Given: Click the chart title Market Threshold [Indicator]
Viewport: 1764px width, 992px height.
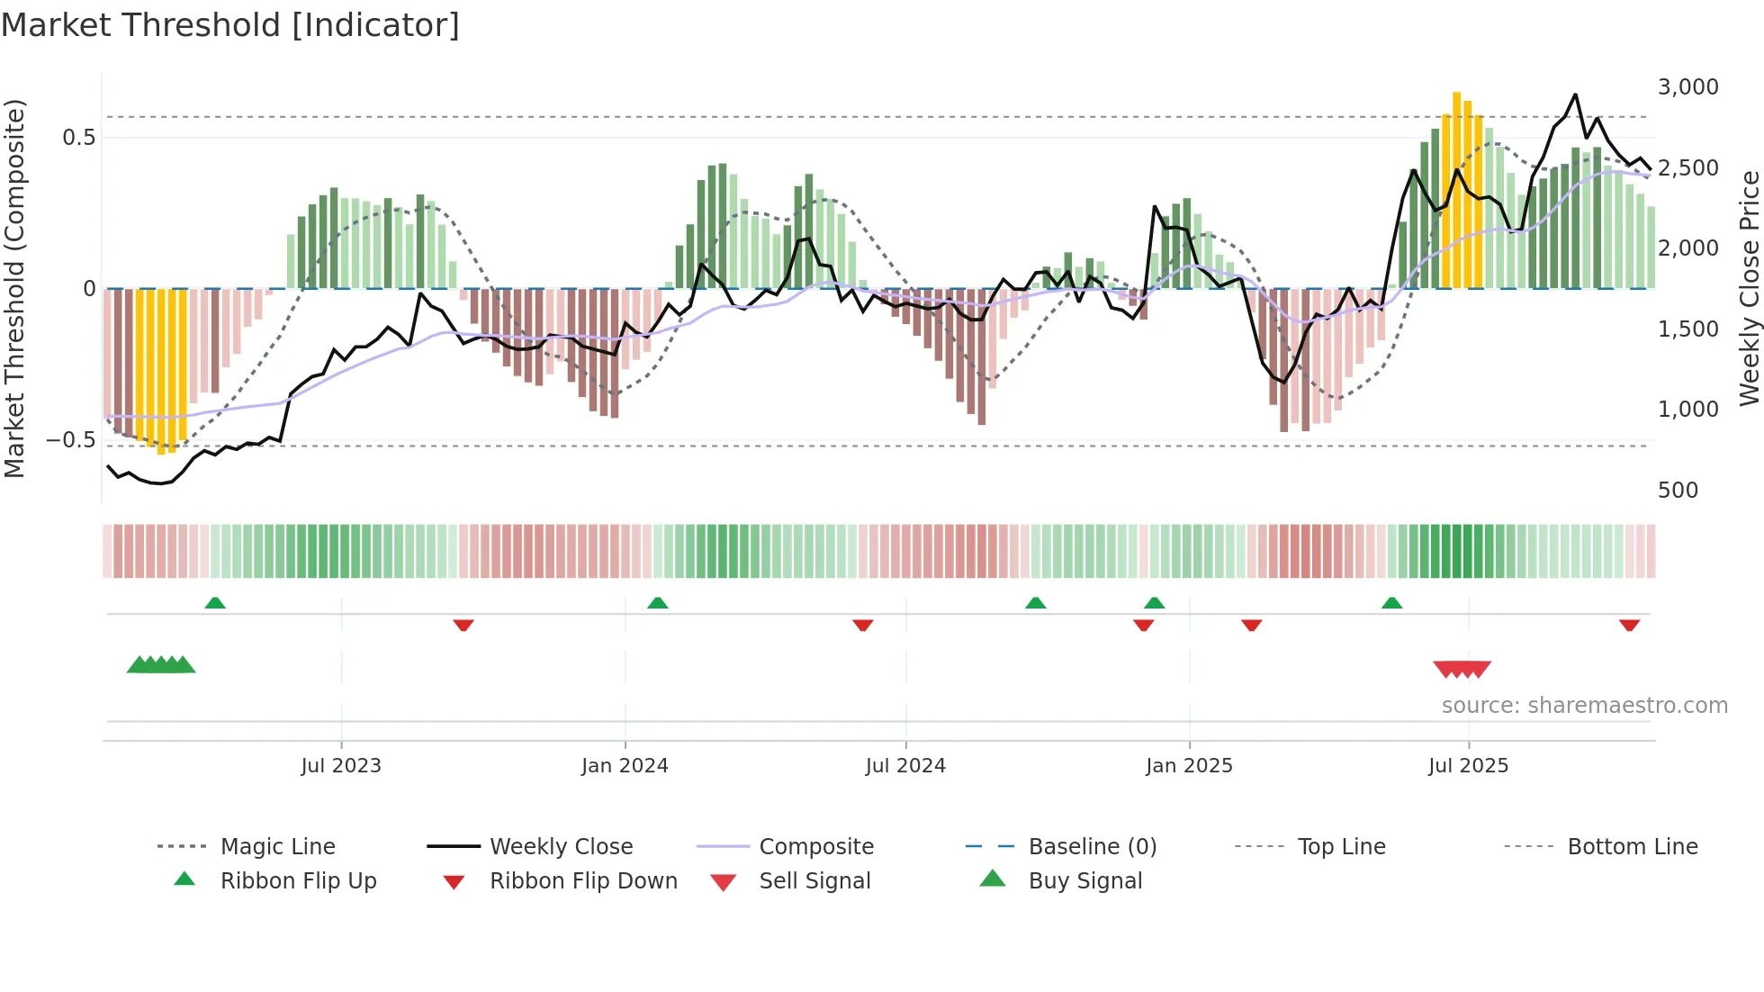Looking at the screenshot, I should pos(230,25).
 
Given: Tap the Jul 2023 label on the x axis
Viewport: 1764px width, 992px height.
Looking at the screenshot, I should pos(341,766).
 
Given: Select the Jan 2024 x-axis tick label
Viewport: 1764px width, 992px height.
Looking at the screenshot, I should pos(625,766).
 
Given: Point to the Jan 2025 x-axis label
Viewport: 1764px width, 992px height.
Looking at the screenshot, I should pos(1189,766).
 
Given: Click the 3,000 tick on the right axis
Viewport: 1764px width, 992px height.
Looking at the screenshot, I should pos(1687,87).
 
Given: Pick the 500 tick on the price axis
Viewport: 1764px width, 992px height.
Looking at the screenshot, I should pos(1678,491).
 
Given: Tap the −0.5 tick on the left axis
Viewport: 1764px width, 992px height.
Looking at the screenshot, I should pos(71,440).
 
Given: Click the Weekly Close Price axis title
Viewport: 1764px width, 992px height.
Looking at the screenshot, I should pos(1748,288).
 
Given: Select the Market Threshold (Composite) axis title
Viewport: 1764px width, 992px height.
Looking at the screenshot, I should pos(14,288).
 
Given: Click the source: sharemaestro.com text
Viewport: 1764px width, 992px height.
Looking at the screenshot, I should pos(1584,706).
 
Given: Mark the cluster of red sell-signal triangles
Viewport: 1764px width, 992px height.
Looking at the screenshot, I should pos(1462,669).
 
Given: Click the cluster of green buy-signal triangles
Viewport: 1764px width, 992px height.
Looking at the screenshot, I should pos(161,665).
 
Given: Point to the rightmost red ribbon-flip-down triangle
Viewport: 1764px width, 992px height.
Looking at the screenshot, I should pos(1629,625).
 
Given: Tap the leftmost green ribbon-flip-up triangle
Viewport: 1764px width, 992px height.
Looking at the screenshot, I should pos(215,603).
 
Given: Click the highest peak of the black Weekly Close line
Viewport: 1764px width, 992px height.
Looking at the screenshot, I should pos(1575,95).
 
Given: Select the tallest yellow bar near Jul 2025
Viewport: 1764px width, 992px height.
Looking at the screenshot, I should pos(1456,189).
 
